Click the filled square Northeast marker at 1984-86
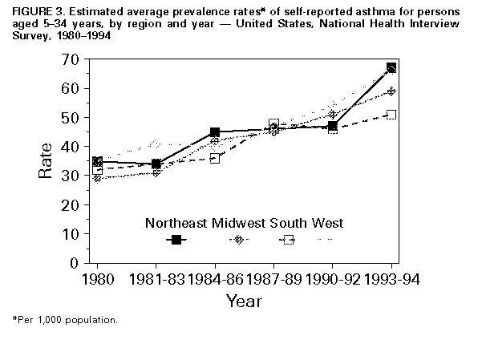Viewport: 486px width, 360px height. pyautogui.click(x=215, y=132)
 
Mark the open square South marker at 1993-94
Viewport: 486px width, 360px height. pyautogui.click(x=391, y=115)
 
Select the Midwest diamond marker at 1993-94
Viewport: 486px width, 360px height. pyautogui.click(x=391, y=91)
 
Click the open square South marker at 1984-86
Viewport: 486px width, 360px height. pyautogui.click(x=215, y=158)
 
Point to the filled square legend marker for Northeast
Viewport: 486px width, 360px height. pyautogui.click(x=176, y=240)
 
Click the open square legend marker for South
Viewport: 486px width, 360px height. pyautogui.click(x=286, y=240)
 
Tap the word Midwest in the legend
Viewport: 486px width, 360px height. pyautogui.click(x=240, y=221)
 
